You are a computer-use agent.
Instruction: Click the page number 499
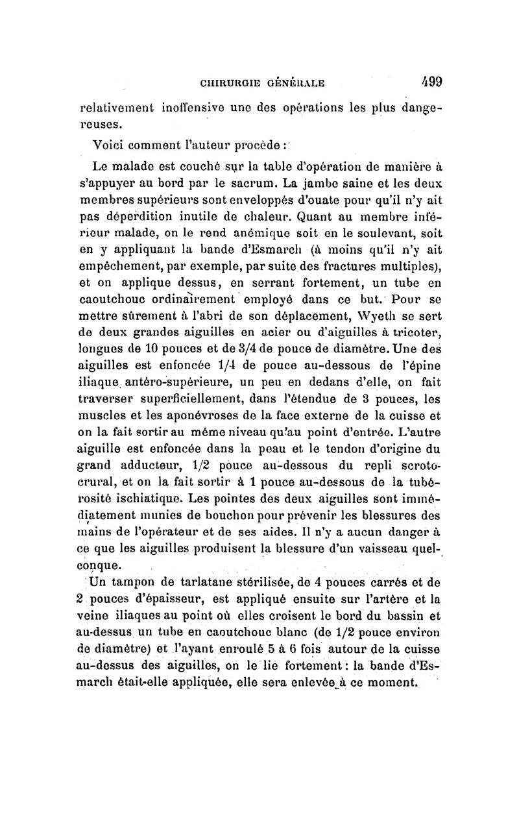pos(429,82)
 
